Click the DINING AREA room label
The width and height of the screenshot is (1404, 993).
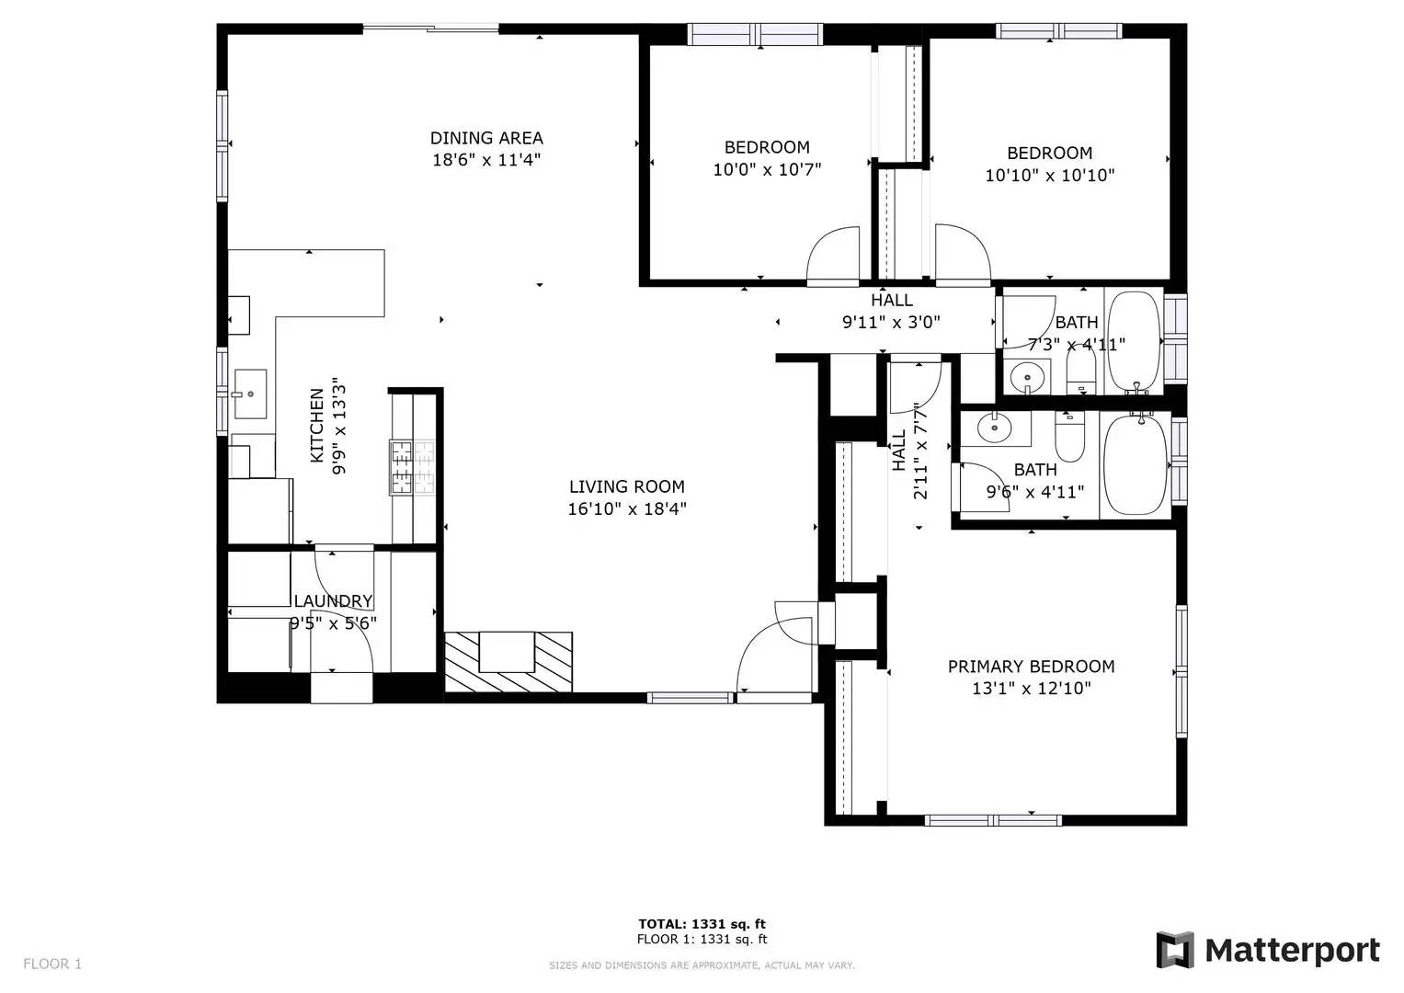pyautogui.click(x=486, y=138)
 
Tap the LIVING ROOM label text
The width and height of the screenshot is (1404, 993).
pyautogui.click(x=627, y=486)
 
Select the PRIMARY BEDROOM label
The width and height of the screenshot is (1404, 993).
pyautogui.click(x=1031, y=667)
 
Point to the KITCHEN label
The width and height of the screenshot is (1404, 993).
pyautogui.click(x=317, y=426)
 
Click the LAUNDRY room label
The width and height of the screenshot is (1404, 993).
pyautogui.click(x=334, y=601)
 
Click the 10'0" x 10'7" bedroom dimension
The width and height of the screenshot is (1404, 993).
pyautogui.click(x=767, y=169)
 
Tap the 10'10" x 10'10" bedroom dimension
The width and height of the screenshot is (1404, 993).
pyautogui.click(x=1050, y=175)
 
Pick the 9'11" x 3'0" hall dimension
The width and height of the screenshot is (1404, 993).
pyautogui.click(x=891, y=322)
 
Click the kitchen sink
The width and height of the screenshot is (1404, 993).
pyautogui.click(x=250, y=394)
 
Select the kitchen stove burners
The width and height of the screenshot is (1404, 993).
pyautogui.click(x=412, y=468)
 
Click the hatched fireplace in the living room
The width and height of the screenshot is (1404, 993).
pyautogui.click(x=508, y=662)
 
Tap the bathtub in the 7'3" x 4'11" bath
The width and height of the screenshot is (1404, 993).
pyautogui.click(x=1136, y=342)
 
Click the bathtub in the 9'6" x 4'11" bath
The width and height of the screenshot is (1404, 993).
pyautogui.click(x=1136, y=464)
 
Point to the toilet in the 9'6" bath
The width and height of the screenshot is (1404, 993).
pyautogui.click(x=1069, y=437)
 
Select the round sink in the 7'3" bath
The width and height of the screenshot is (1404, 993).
pyautogui.click(x=1028, y=377)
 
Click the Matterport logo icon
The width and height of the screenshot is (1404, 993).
pyautogui.click(x=1174, y=950)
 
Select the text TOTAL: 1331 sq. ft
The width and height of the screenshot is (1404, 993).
pyautogui.click(x=702, y=923)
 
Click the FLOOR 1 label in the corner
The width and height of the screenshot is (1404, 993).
pyautogui.click(x=52, y=964)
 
